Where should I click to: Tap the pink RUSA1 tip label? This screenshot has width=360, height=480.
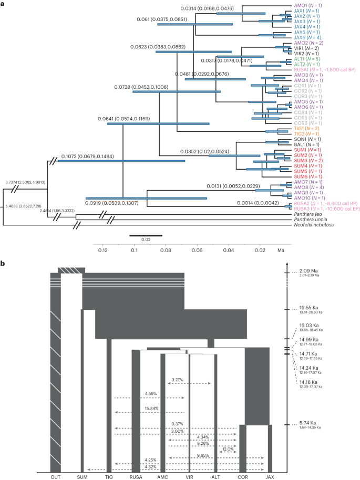click(x=326, y=69)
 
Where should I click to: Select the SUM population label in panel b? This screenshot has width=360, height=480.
click(x=82, y=476)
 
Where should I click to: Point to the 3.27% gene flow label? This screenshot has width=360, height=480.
click(x=178, y=378)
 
